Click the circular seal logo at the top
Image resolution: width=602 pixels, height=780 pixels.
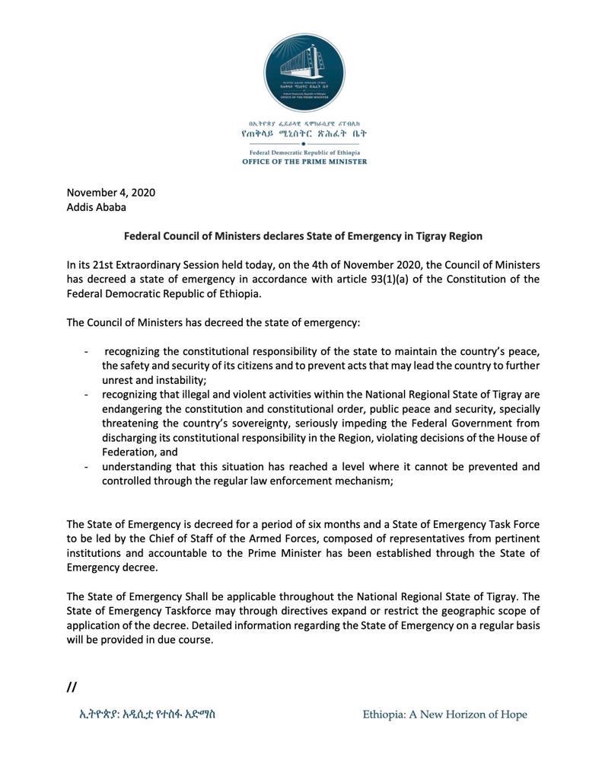click(304, 72)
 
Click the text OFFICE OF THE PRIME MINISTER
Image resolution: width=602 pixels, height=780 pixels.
click(304, 161)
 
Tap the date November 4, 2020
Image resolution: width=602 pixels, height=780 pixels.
click(110, 192)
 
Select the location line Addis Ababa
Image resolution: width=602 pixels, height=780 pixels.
click(97, 207)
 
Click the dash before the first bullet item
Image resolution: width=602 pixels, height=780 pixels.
click(86, 351)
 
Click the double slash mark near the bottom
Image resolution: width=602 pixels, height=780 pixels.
click(72, 686)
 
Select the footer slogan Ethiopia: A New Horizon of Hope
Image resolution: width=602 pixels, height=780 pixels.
click(444, 714)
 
